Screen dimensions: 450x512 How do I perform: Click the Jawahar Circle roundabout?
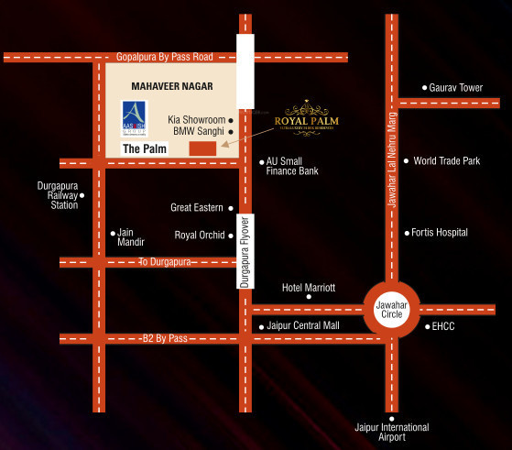coord(391,309)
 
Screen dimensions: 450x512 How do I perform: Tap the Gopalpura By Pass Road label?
coord(165,57)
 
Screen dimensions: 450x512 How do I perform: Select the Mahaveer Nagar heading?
coord(172,86)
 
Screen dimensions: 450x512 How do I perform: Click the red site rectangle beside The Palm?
coord(202,148)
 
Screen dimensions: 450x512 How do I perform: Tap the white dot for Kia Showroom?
coord(231,120)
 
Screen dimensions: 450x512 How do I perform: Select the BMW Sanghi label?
coord(199,132)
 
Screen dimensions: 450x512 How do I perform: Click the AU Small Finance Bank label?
coord(292,166)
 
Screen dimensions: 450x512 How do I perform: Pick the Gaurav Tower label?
coord(457,88)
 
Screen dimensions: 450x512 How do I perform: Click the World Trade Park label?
coord(447,161)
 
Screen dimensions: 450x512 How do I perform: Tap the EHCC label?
coord(443,326)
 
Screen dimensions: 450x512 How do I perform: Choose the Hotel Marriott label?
coord(309,288)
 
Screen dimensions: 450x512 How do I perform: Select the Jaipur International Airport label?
coord(391,433)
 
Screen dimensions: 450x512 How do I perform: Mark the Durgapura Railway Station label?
coord(51,194)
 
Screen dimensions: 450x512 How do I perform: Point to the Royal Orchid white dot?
coord(231,236)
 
